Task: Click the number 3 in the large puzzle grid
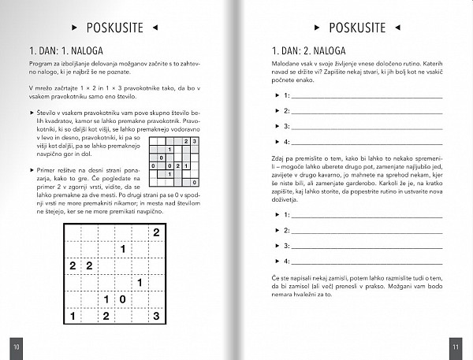156,316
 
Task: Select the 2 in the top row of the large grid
156,232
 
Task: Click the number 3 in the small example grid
193,141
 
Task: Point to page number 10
17,345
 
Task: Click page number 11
455,345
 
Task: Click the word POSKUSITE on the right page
357,28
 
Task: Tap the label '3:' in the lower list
287,246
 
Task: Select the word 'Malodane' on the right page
285,69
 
